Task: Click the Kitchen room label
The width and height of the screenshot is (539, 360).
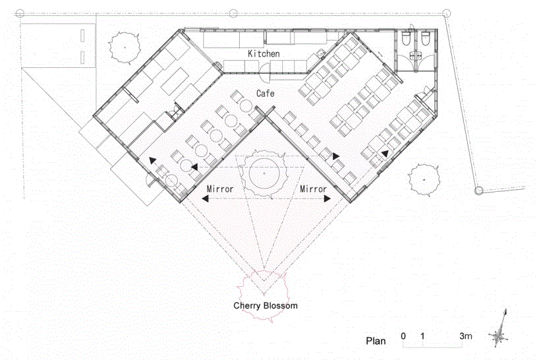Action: [264, 53]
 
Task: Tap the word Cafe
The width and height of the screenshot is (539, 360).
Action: [266, 93]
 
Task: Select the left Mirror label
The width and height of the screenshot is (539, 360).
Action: [220, 189]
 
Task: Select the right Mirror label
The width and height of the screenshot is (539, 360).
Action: [313, 189]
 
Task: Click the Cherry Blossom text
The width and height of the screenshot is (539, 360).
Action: [266, 306]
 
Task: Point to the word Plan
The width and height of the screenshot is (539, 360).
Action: [376, 341]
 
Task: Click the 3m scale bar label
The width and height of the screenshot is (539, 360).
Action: [466, 336]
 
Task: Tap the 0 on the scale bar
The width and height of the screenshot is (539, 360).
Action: [403, 336]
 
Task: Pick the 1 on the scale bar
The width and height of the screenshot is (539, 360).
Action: [422, 336]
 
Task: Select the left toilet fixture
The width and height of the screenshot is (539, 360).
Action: [406, 39]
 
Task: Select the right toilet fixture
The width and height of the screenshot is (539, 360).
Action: [425, 39]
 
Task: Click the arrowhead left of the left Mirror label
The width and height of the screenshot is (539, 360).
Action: [205, 198]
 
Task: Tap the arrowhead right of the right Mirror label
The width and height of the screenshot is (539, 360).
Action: [327, 198]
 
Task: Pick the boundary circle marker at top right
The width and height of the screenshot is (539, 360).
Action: [446, 13]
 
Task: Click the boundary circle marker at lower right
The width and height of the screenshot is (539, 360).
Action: [478, 191]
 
